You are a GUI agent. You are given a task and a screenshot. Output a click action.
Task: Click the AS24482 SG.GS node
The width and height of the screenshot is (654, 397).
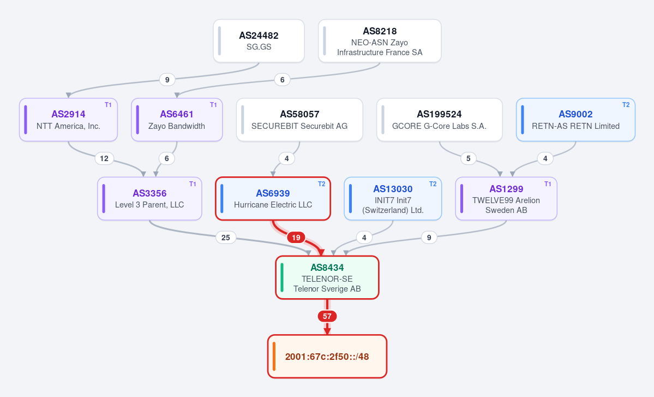click(x=259, y=41)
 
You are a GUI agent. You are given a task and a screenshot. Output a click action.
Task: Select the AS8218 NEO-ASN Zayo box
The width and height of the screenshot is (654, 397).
click(x=380, y=41)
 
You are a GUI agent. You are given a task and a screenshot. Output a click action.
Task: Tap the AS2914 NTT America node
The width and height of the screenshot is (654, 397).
click(x=68, y=120)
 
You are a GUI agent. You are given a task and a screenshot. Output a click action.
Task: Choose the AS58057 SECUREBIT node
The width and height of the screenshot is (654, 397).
click(x=299, y=120)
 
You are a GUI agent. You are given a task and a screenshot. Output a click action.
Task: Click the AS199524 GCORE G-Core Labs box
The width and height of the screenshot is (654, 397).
click(x=439, y=120)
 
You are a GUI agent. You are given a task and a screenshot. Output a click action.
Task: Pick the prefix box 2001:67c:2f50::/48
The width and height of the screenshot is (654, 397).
click(x=327, y=357)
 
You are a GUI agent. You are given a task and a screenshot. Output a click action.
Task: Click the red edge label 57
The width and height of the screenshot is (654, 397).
click(x=327, y=316)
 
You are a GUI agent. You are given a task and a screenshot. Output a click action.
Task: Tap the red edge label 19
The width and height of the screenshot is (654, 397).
click(x=296, y=238)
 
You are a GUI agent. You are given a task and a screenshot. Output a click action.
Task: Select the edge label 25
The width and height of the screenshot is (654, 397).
click(x=226, y=238)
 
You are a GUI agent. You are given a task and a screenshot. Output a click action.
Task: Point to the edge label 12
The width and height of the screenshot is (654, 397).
click(x=104, y=158)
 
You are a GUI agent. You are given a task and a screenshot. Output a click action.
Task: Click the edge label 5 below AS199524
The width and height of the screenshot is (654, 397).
click(x=469, y=158)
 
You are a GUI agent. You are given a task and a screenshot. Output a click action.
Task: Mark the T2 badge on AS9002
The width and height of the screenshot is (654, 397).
click(x=626, y=105)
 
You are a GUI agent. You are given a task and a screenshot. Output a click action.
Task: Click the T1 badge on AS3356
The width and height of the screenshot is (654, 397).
click(x=193, y=184)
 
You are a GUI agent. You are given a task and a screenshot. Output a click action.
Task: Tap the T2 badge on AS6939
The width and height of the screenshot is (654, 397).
click(x=322, y=184)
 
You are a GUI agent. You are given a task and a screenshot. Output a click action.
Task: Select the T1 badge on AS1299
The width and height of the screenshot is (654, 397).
click(x=548, y=184)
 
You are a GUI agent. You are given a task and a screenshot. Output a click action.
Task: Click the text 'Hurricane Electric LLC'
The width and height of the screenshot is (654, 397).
click(x=273, y=205)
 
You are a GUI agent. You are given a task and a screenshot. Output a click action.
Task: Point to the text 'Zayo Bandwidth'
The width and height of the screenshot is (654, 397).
click(x=176, y=126)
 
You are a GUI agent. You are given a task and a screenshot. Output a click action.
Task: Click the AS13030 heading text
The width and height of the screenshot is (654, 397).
click(x=393, y=189)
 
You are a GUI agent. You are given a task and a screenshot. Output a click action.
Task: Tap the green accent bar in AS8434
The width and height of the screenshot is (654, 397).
click(x=282, y=277)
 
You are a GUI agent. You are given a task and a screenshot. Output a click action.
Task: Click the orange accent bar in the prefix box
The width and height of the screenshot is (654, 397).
click(x=274, y=357)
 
